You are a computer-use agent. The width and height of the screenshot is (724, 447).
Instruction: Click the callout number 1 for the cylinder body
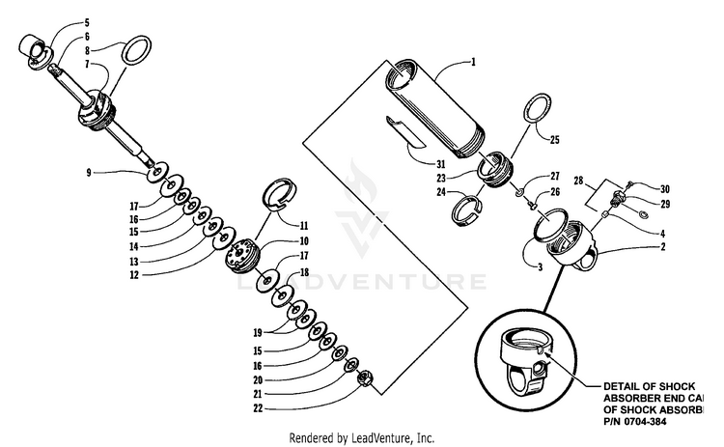coord(474,62)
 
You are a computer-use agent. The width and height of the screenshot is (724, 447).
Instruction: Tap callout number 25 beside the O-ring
coord(554,140)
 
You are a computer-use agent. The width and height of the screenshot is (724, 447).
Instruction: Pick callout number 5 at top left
coord(87,21)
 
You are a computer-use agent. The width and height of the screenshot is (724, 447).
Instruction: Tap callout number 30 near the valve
coord(665,187)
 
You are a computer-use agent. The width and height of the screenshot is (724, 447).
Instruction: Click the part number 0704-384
coord(638,420)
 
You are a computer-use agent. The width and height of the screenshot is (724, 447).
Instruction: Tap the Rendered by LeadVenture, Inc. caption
coord(363,437)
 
